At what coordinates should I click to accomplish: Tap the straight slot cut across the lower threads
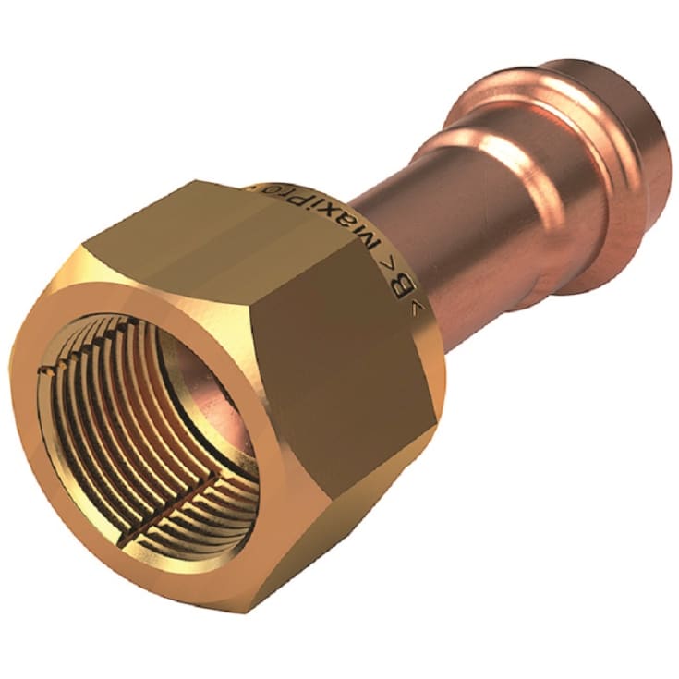180,503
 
